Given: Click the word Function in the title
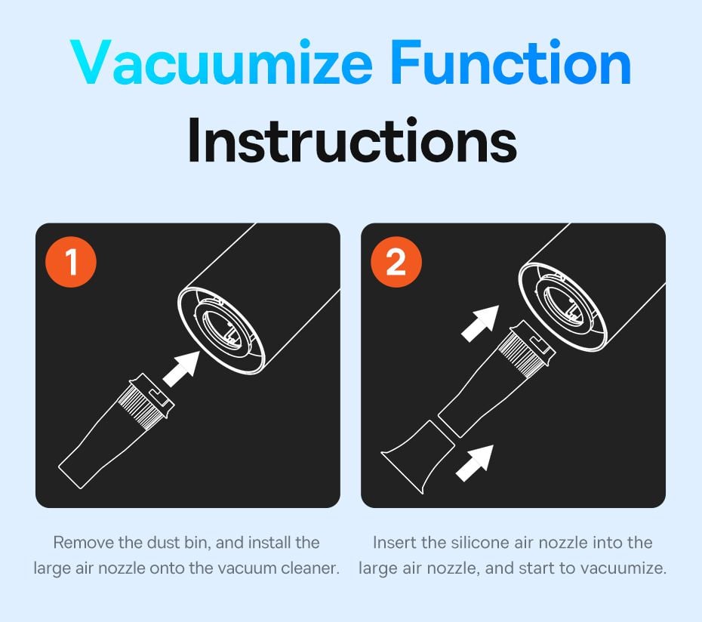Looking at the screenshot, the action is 510,62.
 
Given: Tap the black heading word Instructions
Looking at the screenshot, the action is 352,140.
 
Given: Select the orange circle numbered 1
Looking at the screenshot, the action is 71,261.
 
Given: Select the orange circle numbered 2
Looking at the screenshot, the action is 396,261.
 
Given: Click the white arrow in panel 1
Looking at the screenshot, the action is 181,368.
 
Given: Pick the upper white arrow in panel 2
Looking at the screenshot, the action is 480,324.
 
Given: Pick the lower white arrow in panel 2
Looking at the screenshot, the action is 475,463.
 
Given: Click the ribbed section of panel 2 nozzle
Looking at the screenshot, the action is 519,352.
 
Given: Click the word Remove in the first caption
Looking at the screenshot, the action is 84,542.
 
